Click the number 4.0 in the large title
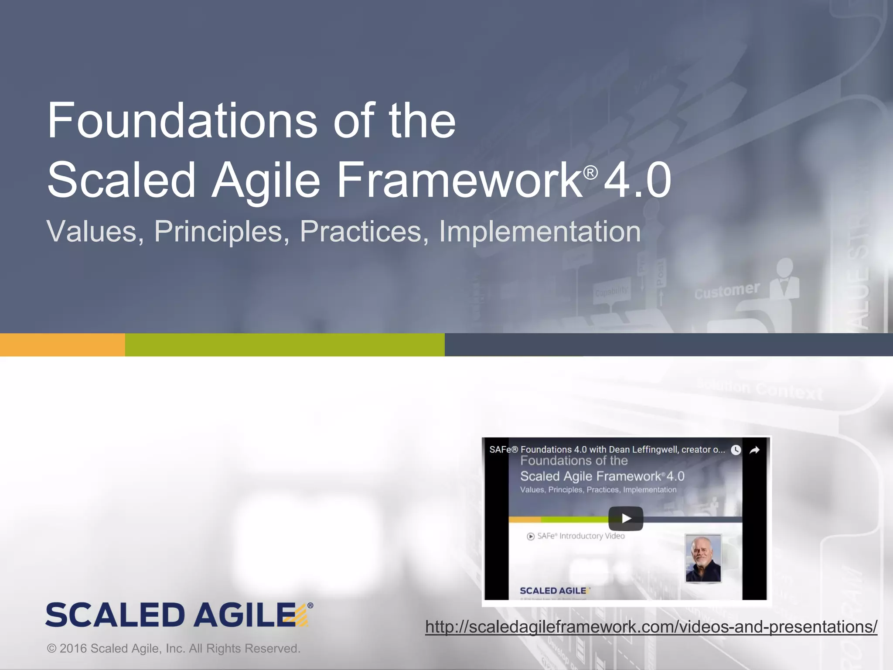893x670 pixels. [x=637, y=180]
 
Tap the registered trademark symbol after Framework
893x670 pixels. [x=590, y=173]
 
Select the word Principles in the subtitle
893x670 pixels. [x=222, y=232]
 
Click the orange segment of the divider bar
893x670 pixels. [x=62, y=345]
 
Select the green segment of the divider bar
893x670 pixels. [x=284, y=345]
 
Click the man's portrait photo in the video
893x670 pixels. [x=703, y=558]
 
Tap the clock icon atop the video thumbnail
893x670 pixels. [x=736, y=450]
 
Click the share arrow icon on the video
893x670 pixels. [x=755, y=450]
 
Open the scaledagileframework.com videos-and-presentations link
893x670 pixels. [x=651, y=627]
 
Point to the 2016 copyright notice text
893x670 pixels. [x=174, y=649]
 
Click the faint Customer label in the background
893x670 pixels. [x=727, y=291]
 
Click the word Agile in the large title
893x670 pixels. [x=266, y=180]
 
